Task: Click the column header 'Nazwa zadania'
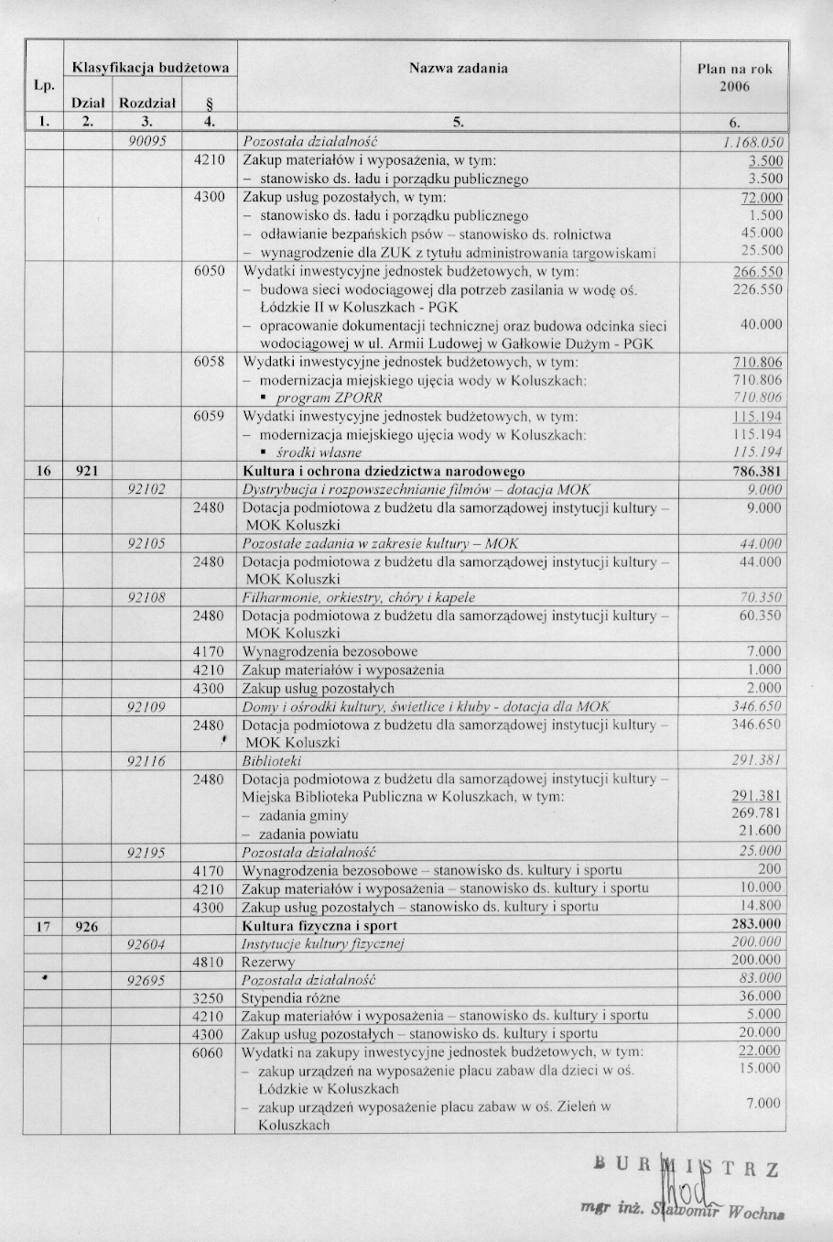[x=458, y=68]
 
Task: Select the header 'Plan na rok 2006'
[x=734, y=77]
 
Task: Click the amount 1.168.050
[x=752, y=143]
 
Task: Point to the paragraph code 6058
[x=210, y=362]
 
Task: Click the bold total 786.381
[x=757, y=471]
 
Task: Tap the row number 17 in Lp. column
[x=42, y=925]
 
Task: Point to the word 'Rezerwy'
[x=267, y=962]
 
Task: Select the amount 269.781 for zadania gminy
[x=756, y=813]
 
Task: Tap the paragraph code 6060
[x=210, y=1052]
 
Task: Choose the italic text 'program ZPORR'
[x=329, y=398]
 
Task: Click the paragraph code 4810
[x=210, y=962]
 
